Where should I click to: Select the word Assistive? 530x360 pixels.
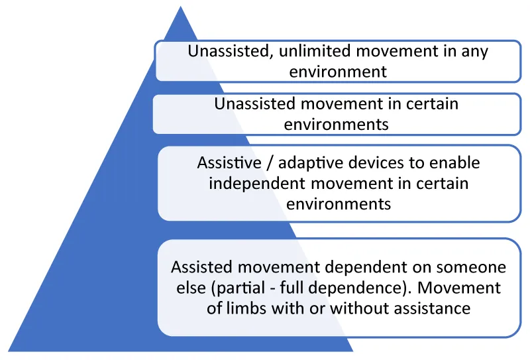pos(229,162)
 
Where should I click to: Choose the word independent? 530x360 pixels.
pos(258,184)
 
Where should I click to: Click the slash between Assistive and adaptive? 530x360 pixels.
pos(270,163)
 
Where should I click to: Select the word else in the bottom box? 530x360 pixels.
pos(191,288)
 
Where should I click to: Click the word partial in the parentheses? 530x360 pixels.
pos(238,289)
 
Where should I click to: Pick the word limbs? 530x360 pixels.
pos(246,308)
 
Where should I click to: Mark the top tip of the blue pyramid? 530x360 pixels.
pos(180,6)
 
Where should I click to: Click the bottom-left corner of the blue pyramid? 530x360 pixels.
pos(8,351)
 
